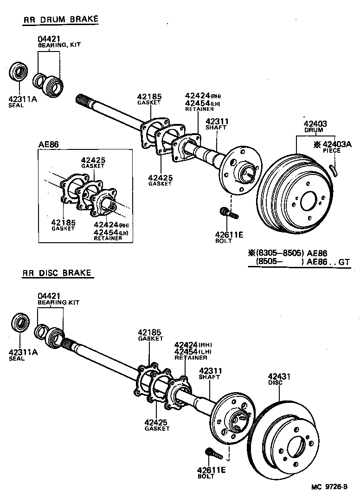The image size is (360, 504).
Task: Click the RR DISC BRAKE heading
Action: coord(57,273)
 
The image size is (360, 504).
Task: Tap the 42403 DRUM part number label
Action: coord(315,126)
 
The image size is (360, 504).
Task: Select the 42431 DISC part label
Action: coord(279,379)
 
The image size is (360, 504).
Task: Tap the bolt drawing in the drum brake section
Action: coord(229,213)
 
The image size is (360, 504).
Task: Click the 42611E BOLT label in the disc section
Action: coord(211,472)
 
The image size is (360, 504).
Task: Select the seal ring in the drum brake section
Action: coord(19,72)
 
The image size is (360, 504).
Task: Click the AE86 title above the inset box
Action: coord(48,144)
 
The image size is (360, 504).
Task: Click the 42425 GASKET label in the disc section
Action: coord(157,425)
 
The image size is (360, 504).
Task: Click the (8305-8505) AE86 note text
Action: coord(288,253)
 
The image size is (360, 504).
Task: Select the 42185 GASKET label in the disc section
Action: coord(150,335)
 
